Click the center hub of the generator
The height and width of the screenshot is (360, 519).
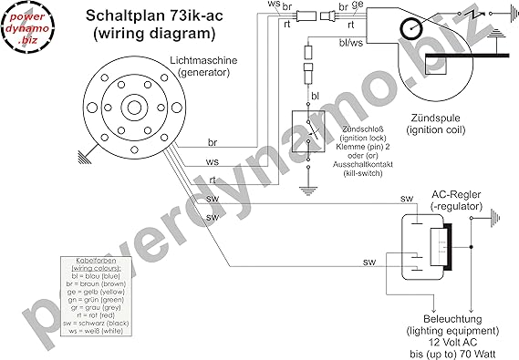click(x=132, y=107)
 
